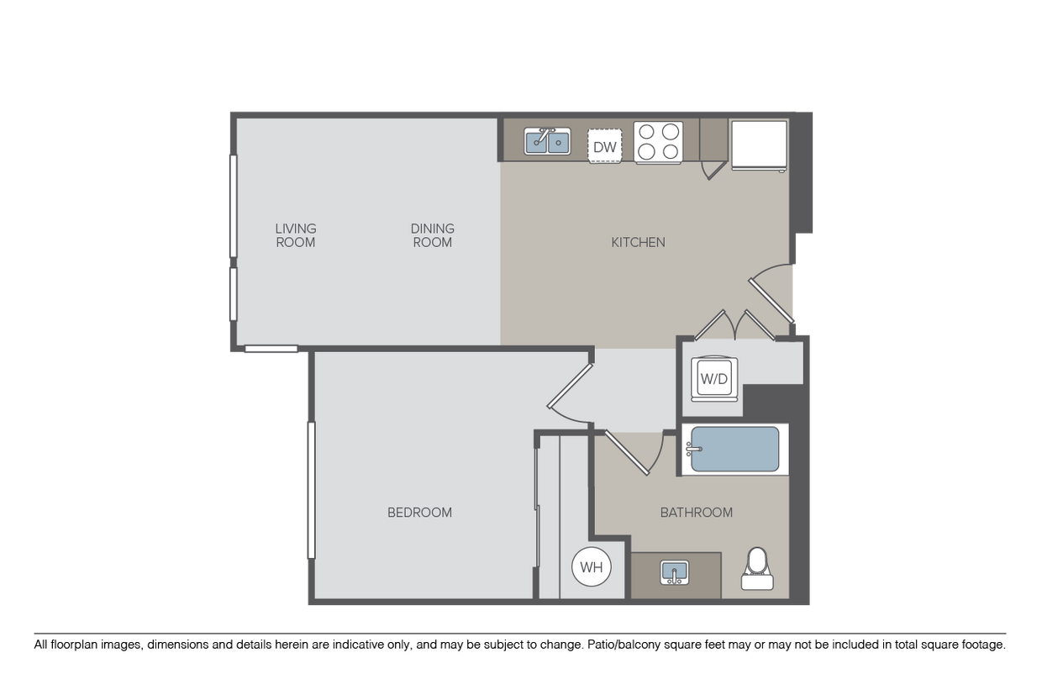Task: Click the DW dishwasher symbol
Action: click(605, 146)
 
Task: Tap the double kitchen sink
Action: click(547, 141)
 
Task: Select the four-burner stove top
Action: click(658, 142)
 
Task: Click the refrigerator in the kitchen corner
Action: click(759, 146)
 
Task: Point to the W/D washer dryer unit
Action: click(714, 379)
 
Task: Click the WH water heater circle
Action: click(592, 566)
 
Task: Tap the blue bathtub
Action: click(735, 450)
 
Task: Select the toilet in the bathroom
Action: click(757, 568)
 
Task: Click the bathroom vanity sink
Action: click(675, 572)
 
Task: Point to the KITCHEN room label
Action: click(639, 242)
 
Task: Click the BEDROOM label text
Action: click(419, 512)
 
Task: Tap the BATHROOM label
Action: click(697, 512)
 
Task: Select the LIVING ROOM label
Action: click(296, 235)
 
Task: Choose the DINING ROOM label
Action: click(433, 235)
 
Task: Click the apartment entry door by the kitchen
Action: click(771, 294)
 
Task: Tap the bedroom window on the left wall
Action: click(311, 490)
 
